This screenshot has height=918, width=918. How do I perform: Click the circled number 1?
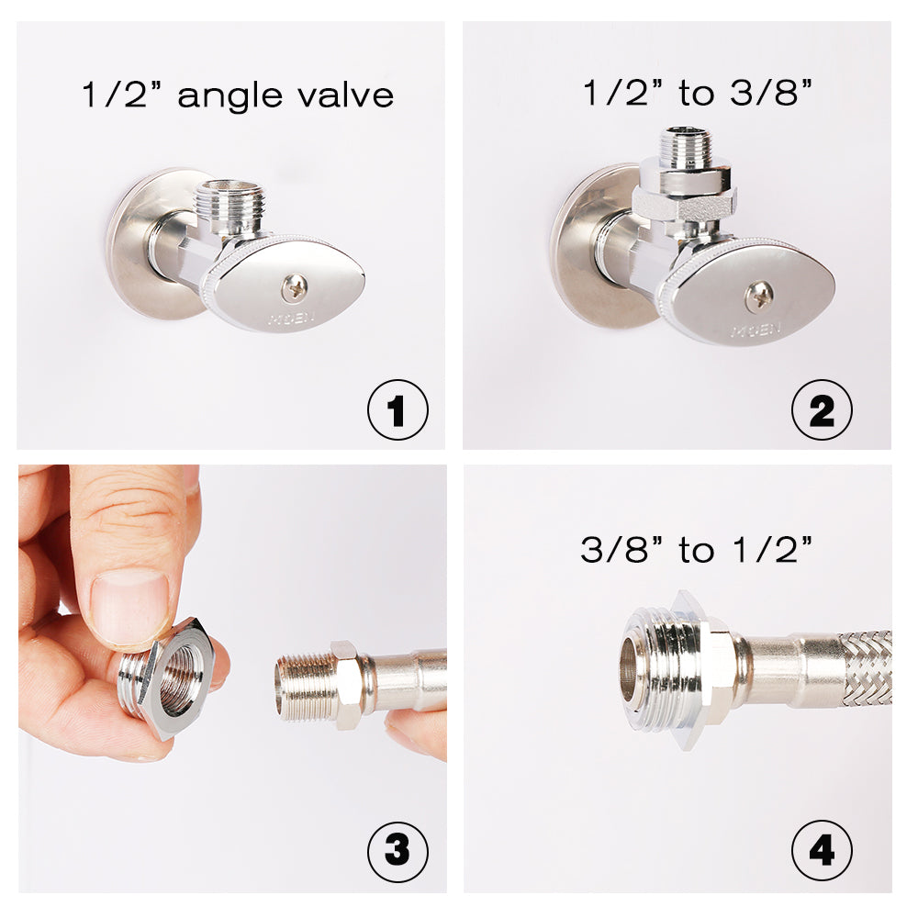point(397,410)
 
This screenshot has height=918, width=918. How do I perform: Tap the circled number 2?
point(822,410)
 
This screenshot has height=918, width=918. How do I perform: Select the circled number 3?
point(397,851)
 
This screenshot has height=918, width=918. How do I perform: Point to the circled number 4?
point(822,851)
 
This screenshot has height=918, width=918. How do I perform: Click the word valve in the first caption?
point(349,95)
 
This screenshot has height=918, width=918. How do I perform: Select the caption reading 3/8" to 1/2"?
point(697,551)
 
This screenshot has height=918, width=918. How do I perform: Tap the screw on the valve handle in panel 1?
point(294,288)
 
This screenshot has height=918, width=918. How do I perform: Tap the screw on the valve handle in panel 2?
point(758,296)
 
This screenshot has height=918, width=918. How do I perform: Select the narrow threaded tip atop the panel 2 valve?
point(684,147)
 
